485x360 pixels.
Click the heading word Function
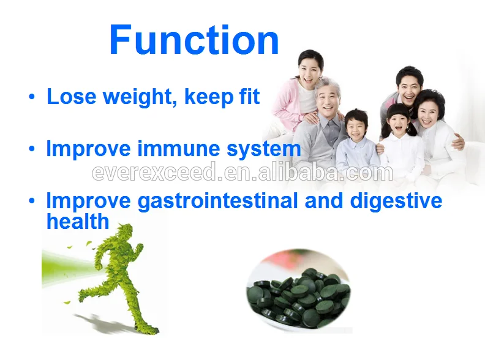194,40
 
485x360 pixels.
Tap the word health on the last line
77,221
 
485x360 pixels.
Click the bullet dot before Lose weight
31,97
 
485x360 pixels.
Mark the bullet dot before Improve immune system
31,149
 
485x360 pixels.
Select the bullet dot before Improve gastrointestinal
31,201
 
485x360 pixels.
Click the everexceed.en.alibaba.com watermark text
242,173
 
